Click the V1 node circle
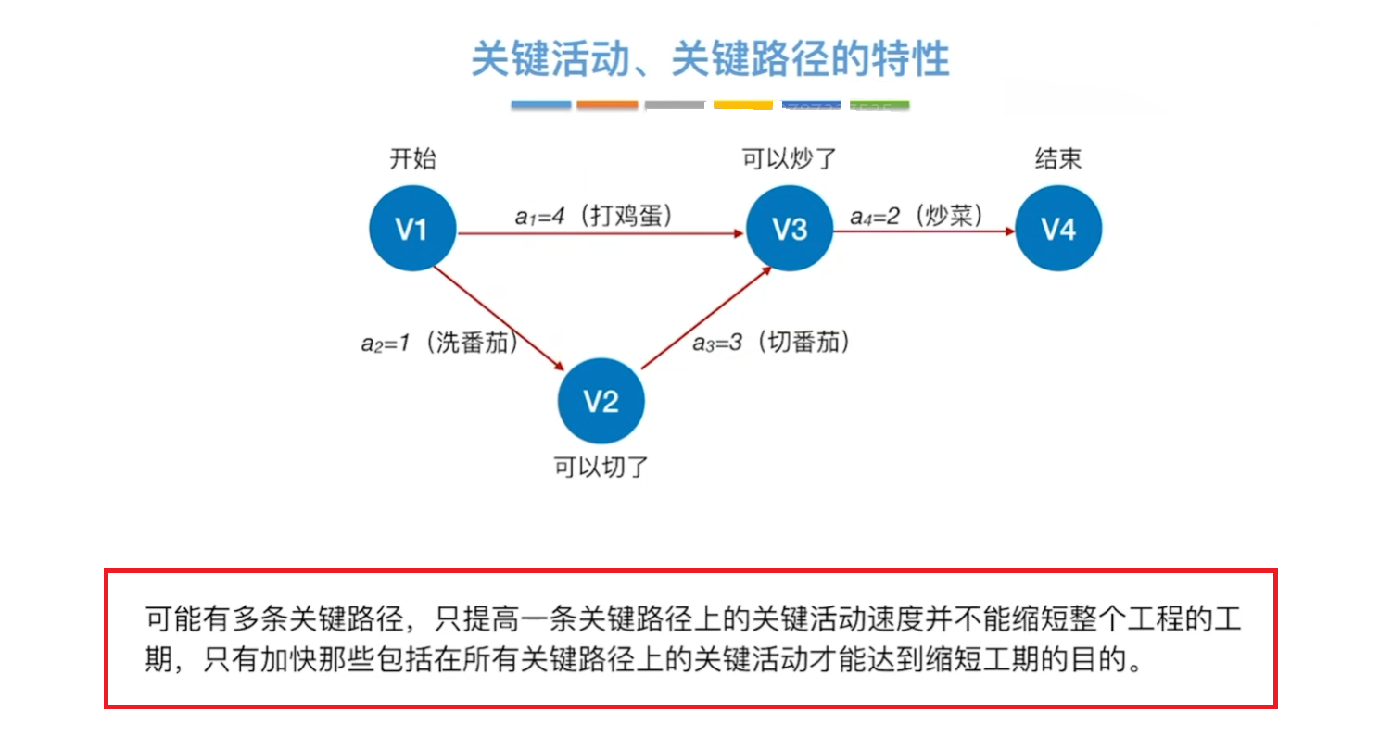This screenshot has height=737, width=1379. click(x=412, y=229)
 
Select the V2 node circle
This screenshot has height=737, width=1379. click(x=601, y=401)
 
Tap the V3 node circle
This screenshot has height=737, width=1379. click(x=789, y=229)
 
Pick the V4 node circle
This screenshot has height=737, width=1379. click(x=1058, y=229)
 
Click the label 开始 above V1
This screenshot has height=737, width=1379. click(x=412, y=159)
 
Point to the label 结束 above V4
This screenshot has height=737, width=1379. click(x=1058, y=159)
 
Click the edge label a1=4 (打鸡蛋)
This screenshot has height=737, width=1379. click(x=593, y=216)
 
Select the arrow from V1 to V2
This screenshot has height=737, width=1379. click(x=500, y=316)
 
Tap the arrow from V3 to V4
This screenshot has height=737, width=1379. click(x=923, y=232)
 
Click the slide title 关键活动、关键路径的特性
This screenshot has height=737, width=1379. click(x=710, y=59)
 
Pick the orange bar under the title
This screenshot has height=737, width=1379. click(x=607, y=106)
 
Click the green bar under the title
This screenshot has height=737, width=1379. click(x=879, y=106)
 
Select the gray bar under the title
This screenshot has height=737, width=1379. click(x=675, y=106)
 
